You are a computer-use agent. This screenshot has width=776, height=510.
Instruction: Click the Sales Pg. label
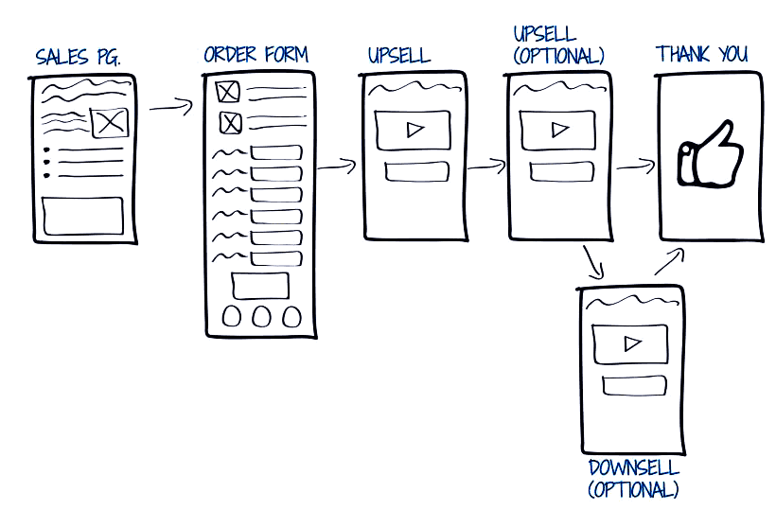click(78, 58)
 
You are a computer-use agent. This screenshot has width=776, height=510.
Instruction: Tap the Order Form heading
click(256, 54)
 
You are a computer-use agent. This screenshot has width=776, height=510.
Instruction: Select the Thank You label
click(701, 54)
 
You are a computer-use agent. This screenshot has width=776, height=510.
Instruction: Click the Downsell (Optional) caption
click(634, 479)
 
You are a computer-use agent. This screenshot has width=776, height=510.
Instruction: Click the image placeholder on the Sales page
click(110, 123)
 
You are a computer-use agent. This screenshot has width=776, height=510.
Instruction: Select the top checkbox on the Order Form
click(228, 92)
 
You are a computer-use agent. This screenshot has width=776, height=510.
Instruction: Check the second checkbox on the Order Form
click(230, 122)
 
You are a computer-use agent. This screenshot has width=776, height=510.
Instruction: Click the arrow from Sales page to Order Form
click(170, 107)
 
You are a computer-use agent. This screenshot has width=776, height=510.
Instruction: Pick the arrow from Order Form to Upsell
click(337, 167)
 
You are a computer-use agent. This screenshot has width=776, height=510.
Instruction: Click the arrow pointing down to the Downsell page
click(593, 263)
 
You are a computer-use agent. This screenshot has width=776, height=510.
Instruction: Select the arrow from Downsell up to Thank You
click(670, 262)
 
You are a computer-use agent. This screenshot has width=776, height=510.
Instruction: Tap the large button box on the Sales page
click(83, 216)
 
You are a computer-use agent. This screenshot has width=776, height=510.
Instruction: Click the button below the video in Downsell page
click(634, 386)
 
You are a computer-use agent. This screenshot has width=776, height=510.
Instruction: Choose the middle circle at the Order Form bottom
click(261, 317)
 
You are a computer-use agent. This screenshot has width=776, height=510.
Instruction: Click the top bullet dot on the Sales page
click(47, 149)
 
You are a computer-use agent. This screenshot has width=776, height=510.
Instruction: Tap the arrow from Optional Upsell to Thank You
click(636, 167)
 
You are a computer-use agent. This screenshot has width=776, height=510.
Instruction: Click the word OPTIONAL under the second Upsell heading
click(558, 57)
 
